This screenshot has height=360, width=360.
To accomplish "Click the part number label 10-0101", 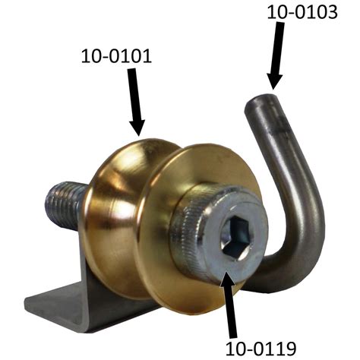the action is click(x=116, y=56).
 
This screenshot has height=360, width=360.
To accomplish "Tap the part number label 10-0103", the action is click(x=302, y=12).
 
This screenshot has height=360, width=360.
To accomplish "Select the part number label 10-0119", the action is click(x=261, y=349).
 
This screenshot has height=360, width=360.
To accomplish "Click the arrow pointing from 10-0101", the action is click(x=136, y=102).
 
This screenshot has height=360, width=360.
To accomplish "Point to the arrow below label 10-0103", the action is click(x=276, y=55).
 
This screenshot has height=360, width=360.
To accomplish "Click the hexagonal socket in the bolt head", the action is click(x=235, y=237).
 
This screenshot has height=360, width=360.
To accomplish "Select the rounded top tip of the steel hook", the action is click(x=261, y=101).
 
